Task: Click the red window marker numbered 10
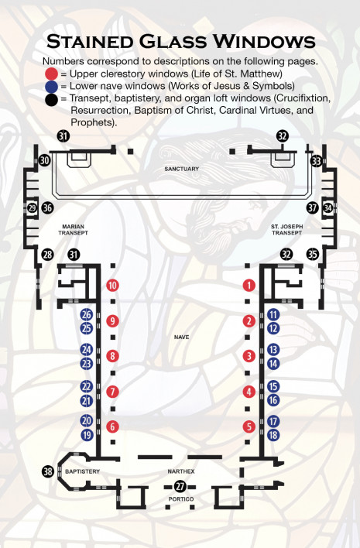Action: (x=112, y=285)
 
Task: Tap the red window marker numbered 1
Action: (x=249, y=285)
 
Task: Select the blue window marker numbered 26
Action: (x=87, y=314)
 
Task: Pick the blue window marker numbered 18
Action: (x=273, y=435)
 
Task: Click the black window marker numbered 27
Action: (x=180, y=487)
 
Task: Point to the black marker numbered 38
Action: (x=48, y=471)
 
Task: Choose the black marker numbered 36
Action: (x=47, y=208)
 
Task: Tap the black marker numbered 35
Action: (x=313, y=254)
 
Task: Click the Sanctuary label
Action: (x=181, y=169)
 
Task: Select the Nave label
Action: (x=181, y=337)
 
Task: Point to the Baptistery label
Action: (x=83, y=471)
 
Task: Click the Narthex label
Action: (x=181, y=471)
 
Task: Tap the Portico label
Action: (x=181, y=499)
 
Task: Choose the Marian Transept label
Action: (x=73, y=230)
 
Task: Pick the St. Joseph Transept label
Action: (x=287, y=230)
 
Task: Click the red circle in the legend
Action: (x=51, y=74)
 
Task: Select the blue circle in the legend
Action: (x=51, y=87)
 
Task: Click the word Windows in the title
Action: (x=264, y=42)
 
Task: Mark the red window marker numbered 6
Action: (x=112, y=426)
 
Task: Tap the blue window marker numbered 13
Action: (x=273, y=350)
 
